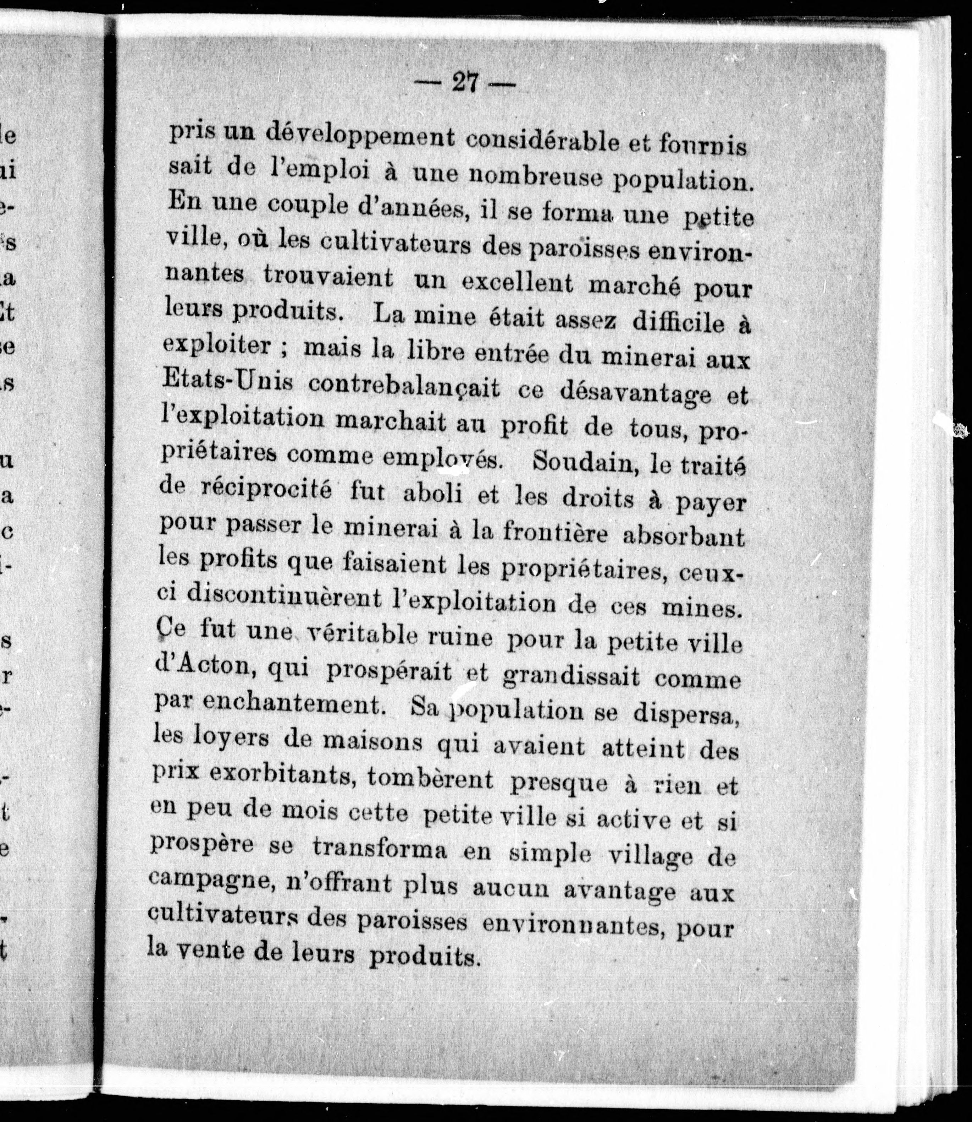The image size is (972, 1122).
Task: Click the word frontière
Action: coord(556,533)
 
